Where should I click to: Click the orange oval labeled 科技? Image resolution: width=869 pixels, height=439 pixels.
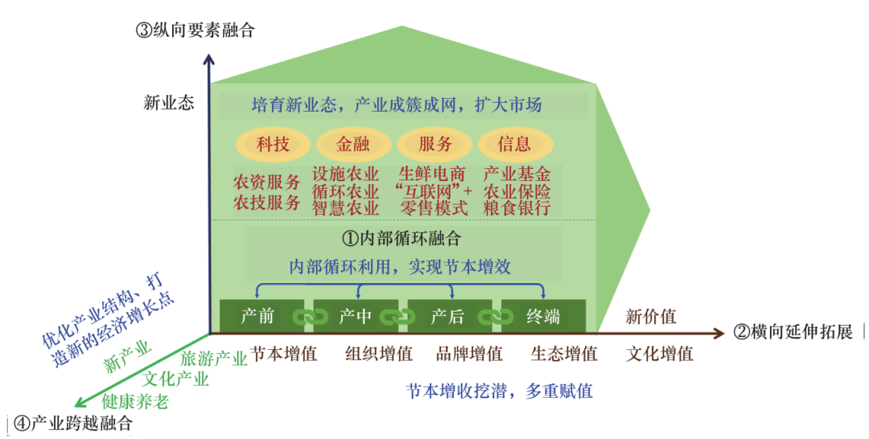[x=272, y=145]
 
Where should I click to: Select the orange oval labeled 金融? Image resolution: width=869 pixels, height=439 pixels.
[x=352, y=145]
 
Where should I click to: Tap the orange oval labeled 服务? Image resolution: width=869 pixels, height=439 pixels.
[x=434, y=145]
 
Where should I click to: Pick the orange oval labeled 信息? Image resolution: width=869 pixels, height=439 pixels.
[x=514, y=145]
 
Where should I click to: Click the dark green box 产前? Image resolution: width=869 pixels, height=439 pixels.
[x=257, y=317]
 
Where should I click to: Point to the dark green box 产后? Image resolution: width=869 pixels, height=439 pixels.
[x=447, y=317]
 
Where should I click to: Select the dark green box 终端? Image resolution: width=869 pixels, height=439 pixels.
[x=542, y=317]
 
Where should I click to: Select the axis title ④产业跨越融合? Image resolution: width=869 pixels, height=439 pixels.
[x=72, y=423]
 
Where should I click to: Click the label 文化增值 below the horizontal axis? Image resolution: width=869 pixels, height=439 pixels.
[x=659, y=354]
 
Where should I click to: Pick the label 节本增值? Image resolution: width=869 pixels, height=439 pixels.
[x=283, y=354]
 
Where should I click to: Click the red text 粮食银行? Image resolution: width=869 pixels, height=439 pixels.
[x=517, y=208]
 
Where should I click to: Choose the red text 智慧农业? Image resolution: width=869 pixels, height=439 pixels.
[x=345, y=208]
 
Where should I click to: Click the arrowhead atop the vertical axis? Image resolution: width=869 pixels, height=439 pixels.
[x=209, y=60]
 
